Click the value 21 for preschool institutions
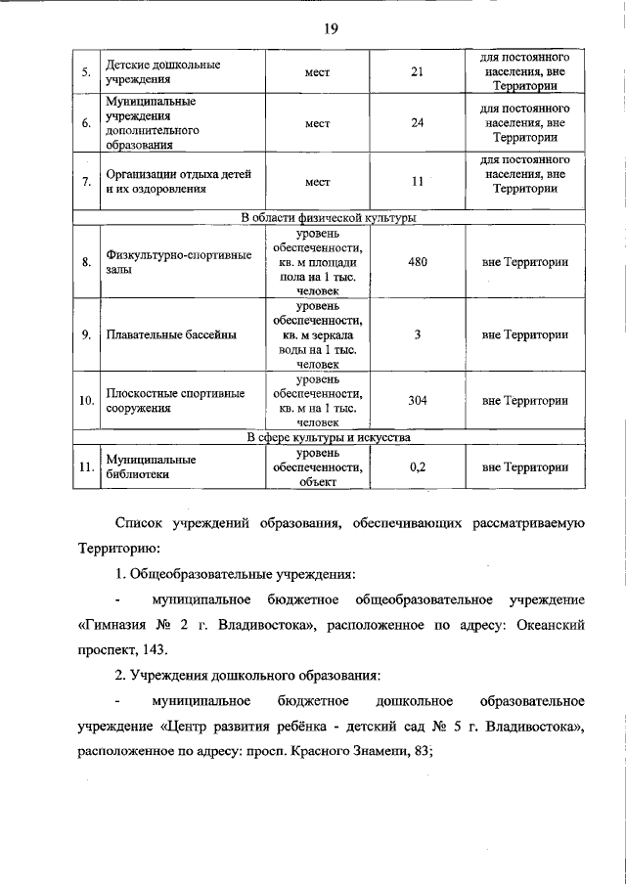tap(417, 71)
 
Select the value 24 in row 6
tap(417, 123)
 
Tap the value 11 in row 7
tap(417, 182)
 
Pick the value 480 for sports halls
tap(417, 262)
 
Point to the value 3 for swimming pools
tap(417, 334)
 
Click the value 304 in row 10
tap(417, 400)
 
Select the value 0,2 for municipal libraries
tap(417, 467)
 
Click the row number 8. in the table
tap(86, 262)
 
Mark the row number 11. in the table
tap(86, 467)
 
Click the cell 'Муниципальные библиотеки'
tap(151, 466)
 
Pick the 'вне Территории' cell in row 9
tap(524, 334)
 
